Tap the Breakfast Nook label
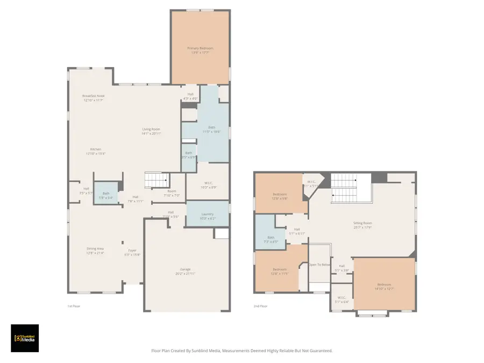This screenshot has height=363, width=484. (x=93, y=96)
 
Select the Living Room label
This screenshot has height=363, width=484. (x=151, y=129)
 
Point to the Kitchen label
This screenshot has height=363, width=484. (x=96, y=149)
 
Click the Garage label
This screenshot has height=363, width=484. (x=185, y=269)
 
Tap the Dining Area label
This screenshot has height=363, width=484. (x=95, y=248)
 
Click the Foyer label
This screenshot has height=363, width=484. (x=132, y=251)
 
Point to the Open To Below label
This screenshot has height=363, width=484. (x=319, y=265)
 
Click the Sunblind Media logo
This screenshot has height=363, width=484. (x=25, y=338)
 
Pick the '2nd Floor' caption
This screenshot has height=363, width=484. (x=260, y=305)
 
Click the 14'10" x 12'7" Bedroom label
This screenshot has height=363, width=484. (x=384, y=284)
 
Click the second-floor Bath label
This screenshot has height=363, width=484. (x=271, y=238)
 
